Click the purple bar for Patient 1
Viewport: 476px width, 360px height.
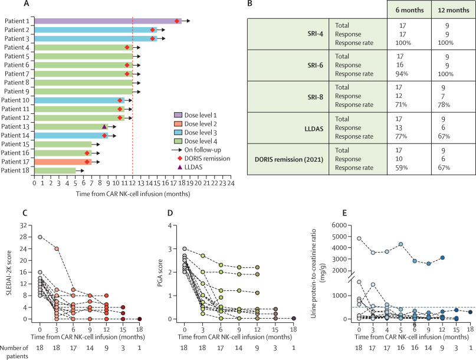pos(106,21)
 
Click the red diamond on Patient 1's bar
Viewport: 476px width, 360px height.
pos(178,21)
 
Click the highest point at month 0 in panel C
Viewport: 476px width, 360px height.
pos(40,221)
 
